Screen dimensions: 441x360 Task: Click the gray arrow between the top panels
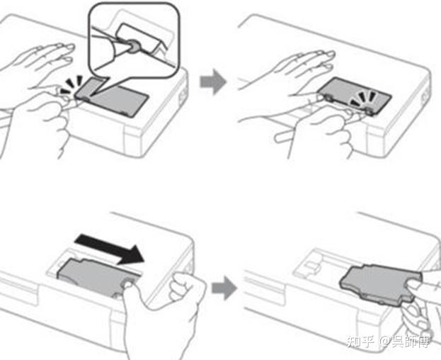(x=213, y=81)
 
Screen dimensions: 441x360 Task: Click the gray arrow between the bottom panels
(x=224, y=288)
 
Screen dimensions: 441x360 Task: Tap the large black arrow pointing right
(x=110, y=249)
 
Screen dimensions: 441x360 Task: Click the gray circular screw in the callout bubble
(x=133, y=46)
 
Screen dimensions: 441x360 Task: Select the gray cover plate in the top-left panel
(x=113, y=98)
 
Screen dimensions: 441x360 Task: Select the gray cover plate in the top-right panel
(x=355, y=96)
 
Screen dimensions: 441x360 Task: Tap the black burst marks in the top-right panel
(x=364, y=99)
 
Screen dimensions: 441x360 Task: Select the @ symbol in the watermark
(x=385, y=342)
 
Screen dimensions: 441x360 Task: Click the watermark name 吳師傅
(x=411, y=342)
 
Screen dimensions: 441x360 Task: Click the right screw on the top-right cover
(x=368, y=110)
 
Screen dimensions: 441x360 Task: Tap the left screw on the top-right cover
(x=328, y=97)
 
